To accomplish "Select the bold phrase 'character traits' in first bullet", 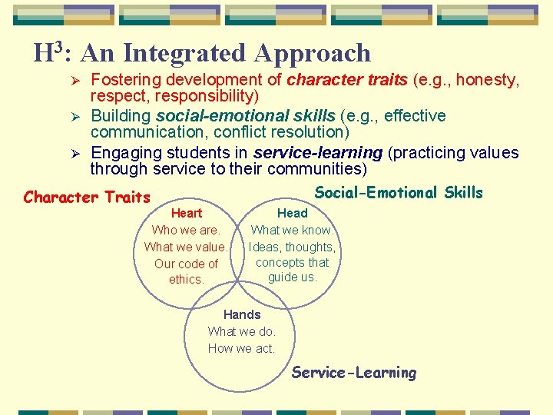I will [x=347, y=79].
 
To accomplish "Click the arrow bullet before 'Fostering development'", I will [x=75, y=80].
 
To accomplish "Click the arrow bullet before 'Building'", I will [x=75, y=117].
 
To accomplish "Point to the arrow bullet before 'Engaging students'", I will [x=75, y=154].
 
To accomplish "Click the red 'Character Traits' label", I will [x=87, y=198].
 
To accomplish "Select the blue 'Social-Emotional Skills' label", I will [x=399, y=193].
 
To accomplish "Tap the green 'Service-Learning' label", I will [x=353, y=373].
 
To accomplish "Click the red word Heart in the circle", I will [x=187, y=213].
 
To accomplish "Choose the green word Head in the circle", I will [x=292, y=213].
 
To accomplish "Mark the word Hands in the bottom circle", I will [x=242, y=314].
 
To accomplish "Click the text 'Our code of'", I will [x=186, y=264].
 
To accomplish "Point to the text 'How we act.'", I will [x=241, y=348].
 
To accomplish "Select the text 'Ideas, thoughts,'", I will [x=292, y=247].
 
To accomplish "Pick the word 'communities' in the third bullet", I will [x=320, y=168].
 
